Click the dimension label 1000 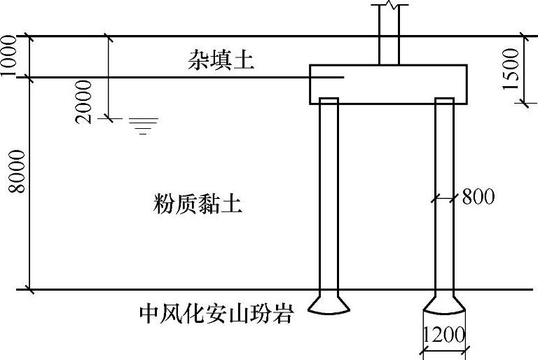point(11,56)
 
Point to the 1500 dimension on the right point(513,68)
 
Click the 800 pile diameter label point(478,197)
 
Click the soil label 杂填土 point(219,61)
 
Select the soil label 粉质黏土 point(197,205)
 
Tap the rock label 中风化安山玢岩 point(214,313)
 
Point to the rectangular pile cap point(388,85)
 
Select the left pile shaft point(329,196)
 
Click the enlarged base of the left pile point(329,303)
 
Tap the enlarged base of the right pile point(444,303)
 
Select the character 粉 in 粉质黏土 point(164,205)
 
